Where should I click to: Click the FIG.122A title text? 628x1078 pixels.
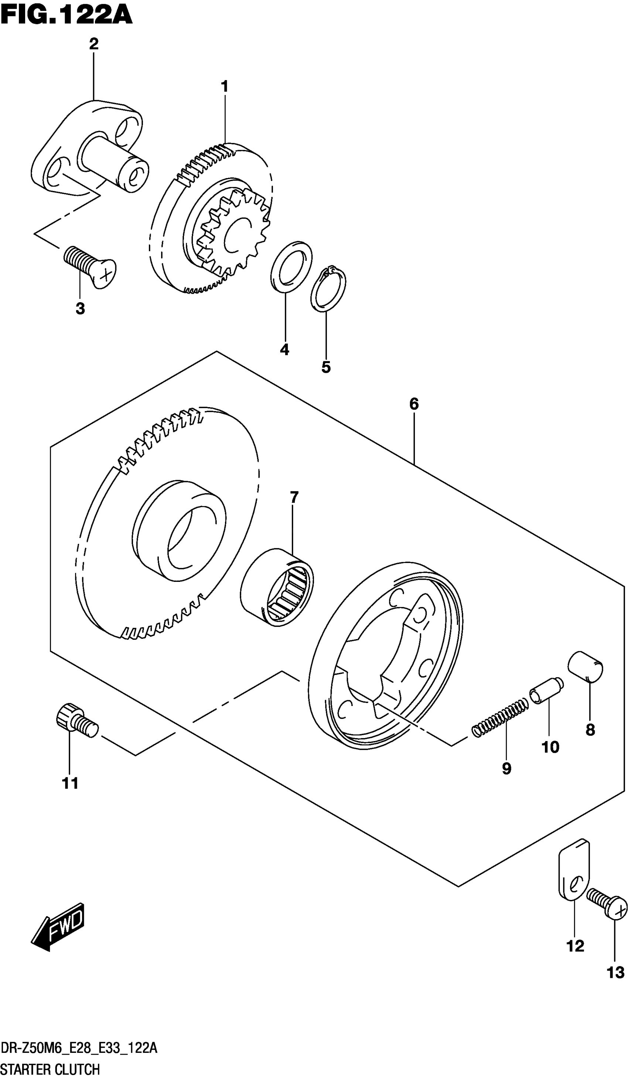pos(66,16)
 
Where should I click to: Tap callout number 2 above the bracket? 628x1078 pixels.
pos(94,44)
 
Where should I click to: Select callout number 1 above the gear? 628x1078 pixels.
pos(224,86)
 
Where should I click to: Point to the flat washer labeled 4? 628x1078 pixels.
pos(291,267)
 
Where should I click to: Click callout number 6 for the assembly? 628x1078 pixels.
pos(414,404)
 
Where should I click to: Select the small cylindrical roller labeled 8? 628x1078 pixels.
pos(585,672)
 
